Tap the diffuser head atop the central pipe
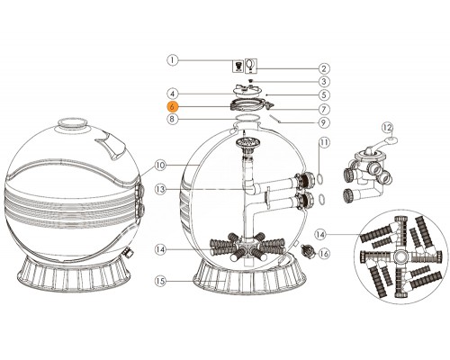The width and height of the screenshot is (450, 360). (243, 141)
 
